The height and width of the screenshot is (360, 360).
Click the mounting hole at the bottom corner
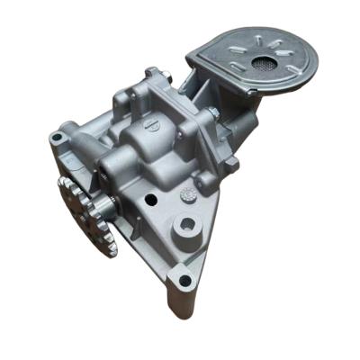184,280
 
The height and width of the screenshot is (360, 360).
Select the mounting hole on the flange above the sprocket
58,138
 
